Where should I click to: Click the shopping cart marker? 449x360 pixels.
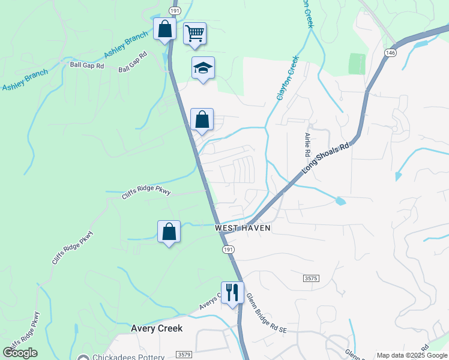[194, 34]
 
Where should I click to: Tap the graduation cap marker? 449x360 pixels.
[203, 68]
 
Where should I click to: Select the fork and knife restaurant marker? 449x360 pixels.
[232, 293]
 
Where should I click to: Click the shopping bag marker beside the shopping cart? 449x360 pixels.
[164, 29]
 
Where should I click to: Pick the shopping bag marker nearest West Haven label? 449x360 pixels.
[169, 232]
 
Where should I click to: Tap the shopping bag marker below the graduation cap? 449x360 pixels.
[203, 119]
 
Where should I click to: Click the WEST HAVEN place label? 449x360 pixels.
[243, 229]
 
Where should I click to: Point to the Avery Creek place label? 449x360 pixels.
[157, 329]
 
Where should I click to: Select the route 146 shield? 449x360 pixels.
[391, 53]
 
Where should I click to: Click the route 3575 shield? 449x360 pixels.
[311, 278]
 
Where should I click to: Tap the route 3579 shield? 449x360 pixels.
[184, 355]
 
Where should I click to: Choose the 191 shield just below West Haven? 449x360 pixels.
[228, 248]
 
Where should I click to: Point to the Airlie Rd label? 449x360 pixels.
[307, 146]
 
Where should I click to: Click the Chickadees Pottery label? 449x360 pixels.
[127, 357]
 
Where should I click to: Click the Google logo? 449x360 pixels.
[20, 353]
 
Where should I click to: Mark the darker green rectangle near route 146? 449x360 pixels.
[357, 64]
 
